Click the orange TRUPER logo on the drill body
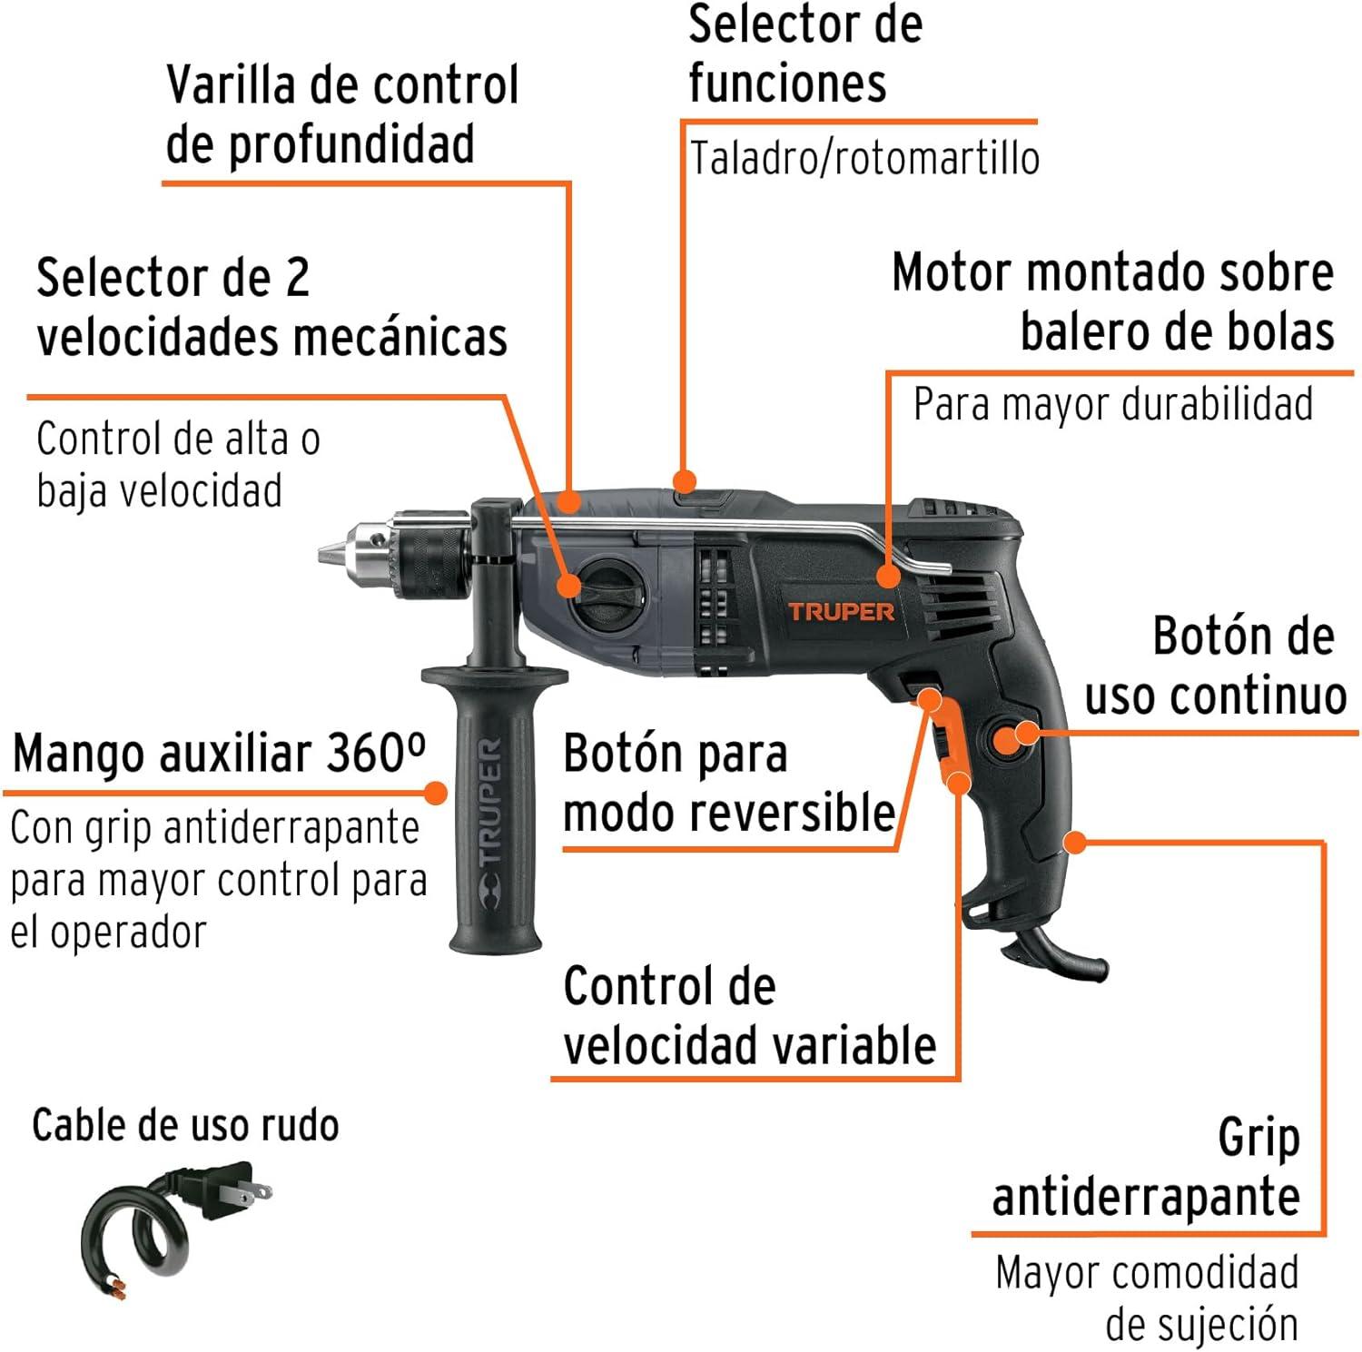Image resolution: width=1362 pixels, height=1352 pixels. click(841, 611)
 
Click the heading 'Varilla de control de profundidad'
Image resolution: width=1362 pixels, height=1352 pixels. click(342, 114)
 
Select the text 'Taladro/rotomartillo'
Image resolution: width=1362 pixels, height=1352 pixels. click(864, 158)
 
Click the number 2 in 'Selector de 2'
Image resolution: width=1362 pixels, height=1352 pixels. click(297, 278)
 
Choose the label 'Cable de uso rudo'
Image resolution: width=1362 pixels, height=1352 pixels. click(185, 1125)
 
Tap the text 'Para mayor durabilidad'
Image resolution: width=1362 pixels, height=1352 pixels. click(1113, 403)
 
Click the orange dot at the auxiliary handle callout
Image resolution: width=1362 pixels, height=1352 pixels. click(436, 793)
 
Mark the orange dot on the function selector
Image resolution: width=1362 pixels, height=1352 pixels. click(685, 480)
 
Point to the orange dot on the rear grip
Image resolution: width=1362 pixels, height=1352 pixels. click(1075, 842)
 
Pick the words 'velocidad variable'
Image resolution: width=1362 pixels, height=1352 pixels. click(749, 1045)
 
